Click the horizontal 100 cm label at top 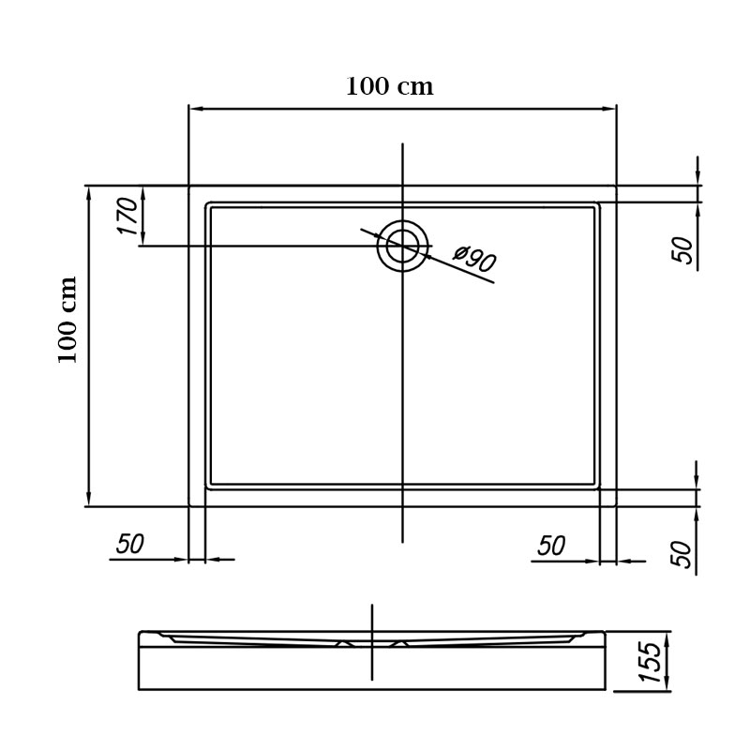pos(389,86)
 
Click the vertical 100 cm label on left pos(67,320)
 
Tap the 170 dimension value pos(128,217)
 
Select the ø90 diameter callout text pos(474,258)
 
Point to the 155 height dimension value pos(650,662)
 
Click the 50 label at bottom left pos(130,544)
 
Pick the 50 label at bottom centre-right pos(551,546)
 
